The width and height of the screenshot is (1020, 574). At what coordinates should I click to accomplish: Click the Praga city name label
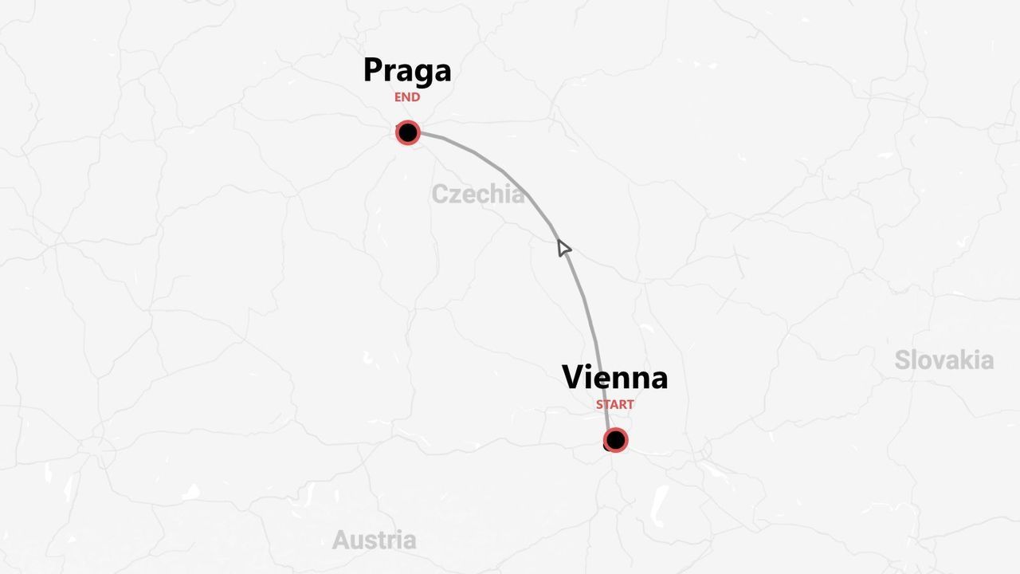click(407, 70)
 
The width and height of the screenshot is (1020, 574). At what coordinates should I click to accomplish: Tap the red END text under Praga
click(407, 97)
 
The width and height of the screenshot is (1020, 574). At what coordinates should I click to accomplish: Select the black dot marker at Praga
click(408, 132)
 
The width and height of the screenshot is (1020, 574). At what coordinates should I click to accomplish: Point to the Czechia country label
click(478, 194)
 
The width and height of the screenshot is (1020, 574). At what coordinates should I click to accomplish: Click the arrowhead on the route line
click(563, 248)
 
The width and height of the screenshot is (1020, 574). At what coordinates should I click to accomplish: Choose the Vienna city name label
click(614, 377)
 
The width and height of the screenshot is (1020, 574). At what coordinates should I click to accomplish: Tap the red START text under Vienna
click(615, 404)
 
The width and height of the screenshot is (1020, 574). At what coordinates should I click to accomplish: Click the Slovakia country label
click(943, 360)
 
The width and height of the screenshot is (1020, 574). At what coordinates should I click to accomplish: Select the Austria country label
click(374, 540)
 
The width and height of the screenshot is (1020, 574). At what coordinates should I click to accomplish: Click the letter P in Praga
click(375, 70)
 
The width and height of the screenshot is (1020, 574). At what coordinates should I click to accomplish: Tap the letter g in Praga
click(422, 74)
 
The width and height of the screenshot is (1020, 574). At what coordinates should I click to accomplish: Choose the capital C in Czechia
click(440, 194)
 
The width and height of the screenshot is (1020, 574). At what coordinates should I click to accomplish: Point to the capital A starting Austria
click(341, 540)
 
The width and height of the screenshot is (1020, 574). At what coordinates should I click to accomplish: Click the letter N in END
click(407, 97)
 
